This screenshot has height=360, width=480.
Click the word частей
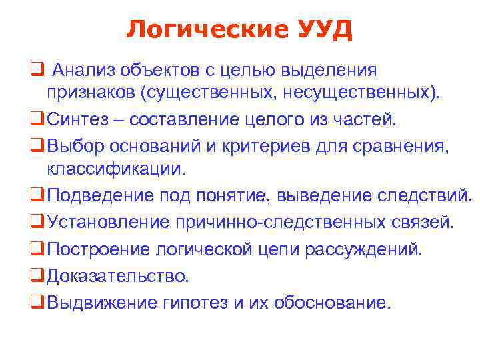[x=366, y=119]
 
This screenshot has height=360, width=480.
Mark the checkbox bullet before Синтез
[x=36, y=120]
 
